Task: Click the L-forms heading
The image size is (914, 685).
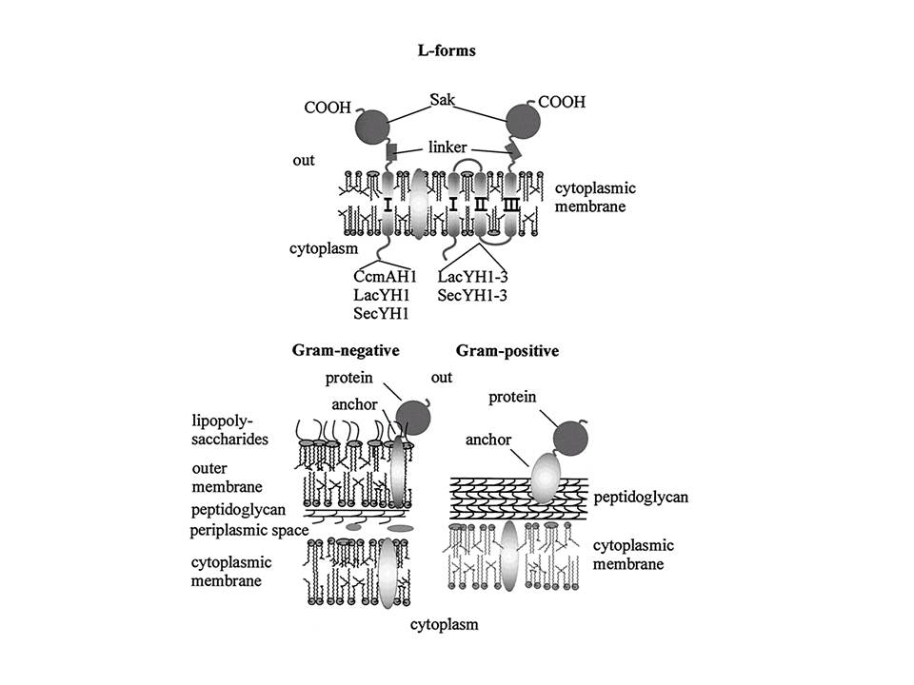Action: coord(447,50)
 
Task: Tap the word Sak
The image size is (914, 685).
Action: coord(443,100)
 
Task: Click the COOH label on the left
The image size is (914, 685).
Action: coord(328,108)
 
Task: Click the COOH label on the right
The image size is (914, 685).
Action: coord(562,102)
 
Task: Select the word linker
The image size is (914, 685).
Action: coord(447,147)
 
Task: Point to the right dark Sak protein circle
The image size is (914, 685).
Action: coord(523,122)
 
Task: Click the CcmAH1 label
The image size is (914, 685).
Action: coord(385,276)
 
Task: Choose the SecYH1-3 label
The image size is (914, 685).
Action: coord(472,295)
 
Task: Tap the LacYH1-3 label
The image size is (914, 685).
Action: coord(472,276)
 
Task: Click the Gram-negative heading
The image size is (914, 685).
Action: coord(346,351)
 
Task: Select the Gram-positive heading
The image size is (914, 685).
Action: coord(507,351)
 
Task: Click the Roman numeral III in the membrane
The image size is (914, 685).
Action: coord(511,205)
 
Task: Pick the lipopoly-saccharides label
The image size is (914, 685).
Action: coord(229,430)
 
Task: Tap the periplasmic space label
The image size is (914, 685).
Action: coord(248,530)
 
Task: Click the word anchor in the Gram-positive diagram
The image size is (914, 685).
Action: coord(487,440)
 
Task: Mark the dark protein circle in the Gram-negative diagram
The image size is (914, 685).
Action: coord(414,418)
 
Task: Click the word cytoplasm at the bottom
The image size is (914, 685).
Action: coord(445,624)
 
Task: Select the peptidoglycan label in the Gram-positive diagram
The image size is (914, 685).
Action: coord(641,497)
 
